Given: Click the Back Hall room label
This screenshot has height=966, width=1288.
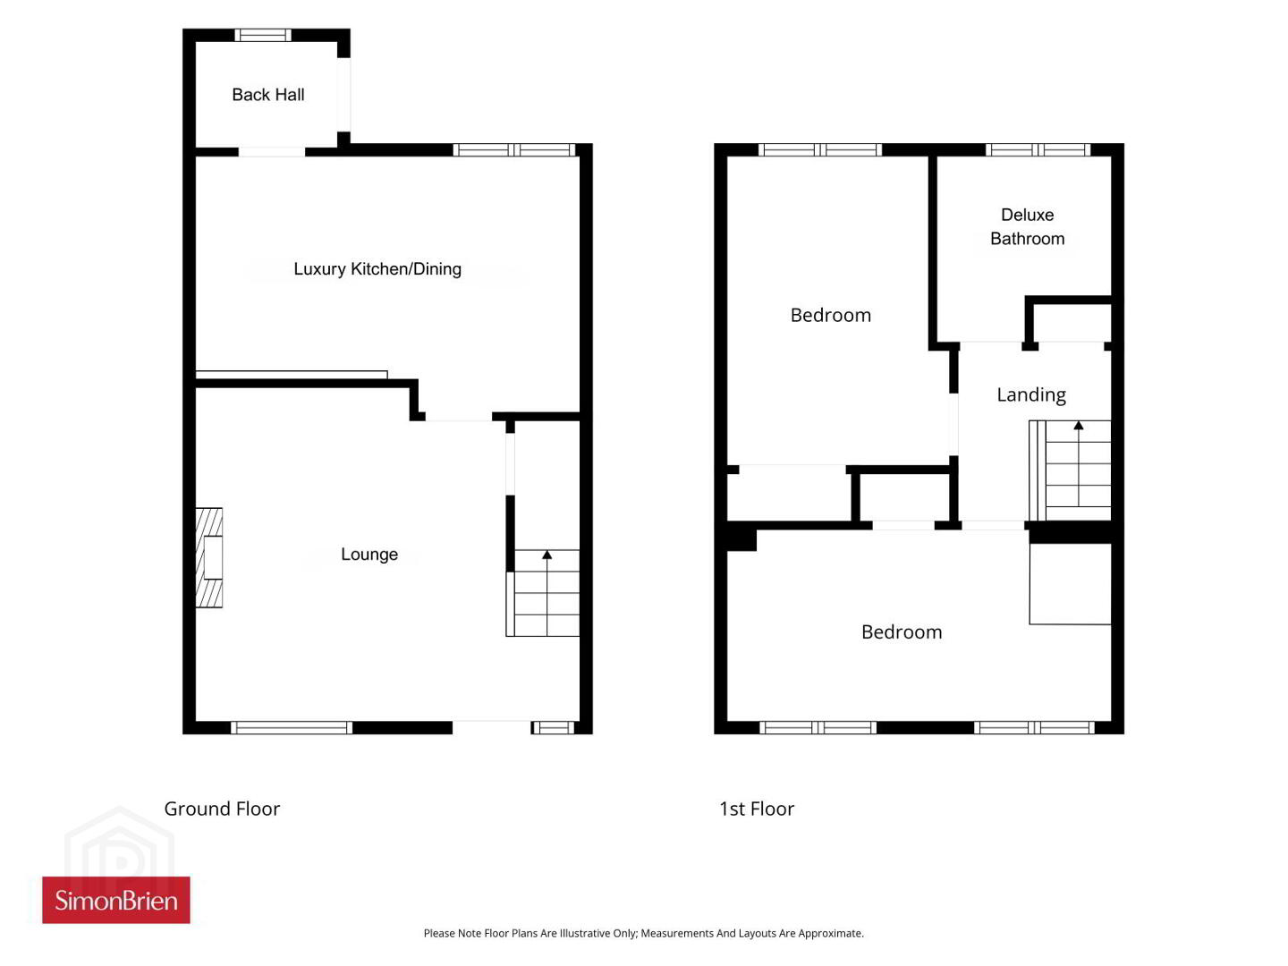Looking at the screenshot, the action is tap(267, 95).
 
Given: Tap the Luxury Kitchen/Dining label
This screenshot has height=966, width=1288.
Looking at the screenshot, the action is tap(377, 268).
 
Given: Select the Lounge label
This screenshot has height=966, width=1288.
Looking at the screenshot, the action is tap(369, 554).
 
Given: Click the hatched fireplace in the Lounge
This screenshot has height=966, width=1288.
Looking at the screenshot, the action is tap(208, 556).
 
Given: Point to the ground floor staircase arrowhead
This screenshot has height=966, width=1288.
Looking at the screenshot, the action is tap(547, 555).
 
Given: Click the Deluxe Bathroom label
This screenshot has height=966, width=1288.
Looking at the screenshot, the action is tap(1027, 226).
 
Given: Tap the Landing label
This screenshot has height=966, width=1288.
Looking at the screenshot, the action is tap(1031, 394).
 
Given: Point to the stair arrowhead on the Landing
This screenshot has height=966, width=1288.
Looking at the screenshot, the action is tap(1079, 425).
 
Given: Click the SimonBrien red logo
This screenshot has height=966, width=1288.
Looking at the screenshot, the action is tap(116, 900).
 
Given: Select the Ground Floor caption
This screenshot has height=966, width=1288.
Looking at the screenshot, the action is tap(222, 809).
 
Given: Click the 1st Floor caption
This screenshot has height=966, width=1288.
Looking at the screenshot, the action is tap(757, 809).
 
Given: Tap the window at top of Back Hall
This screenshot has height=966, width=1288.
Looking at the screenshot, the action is tap(263, 35).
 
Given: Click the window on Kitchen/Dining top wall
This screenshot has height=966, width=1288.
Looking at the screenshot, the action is tap(514, 150).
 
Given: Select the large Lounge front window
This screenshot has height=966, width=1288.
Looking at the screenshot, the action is tap(291, 727).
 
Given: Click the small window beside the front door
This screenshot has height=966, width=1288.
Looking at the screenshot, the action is tap(553, 727).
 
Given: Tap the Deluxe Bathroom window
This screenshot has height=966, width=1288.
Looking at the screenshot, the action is tap(1038, 150).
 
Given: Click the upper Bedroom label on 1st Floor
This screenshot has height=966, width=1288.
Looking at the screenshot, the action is tap(830, 315).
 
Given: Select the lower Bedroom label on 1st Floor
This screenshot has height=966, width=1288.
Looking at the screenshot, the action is tap(902, 631).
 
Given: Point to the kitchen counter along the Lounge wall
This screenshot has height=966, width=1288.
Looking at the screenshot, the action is tap(291, 374).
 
